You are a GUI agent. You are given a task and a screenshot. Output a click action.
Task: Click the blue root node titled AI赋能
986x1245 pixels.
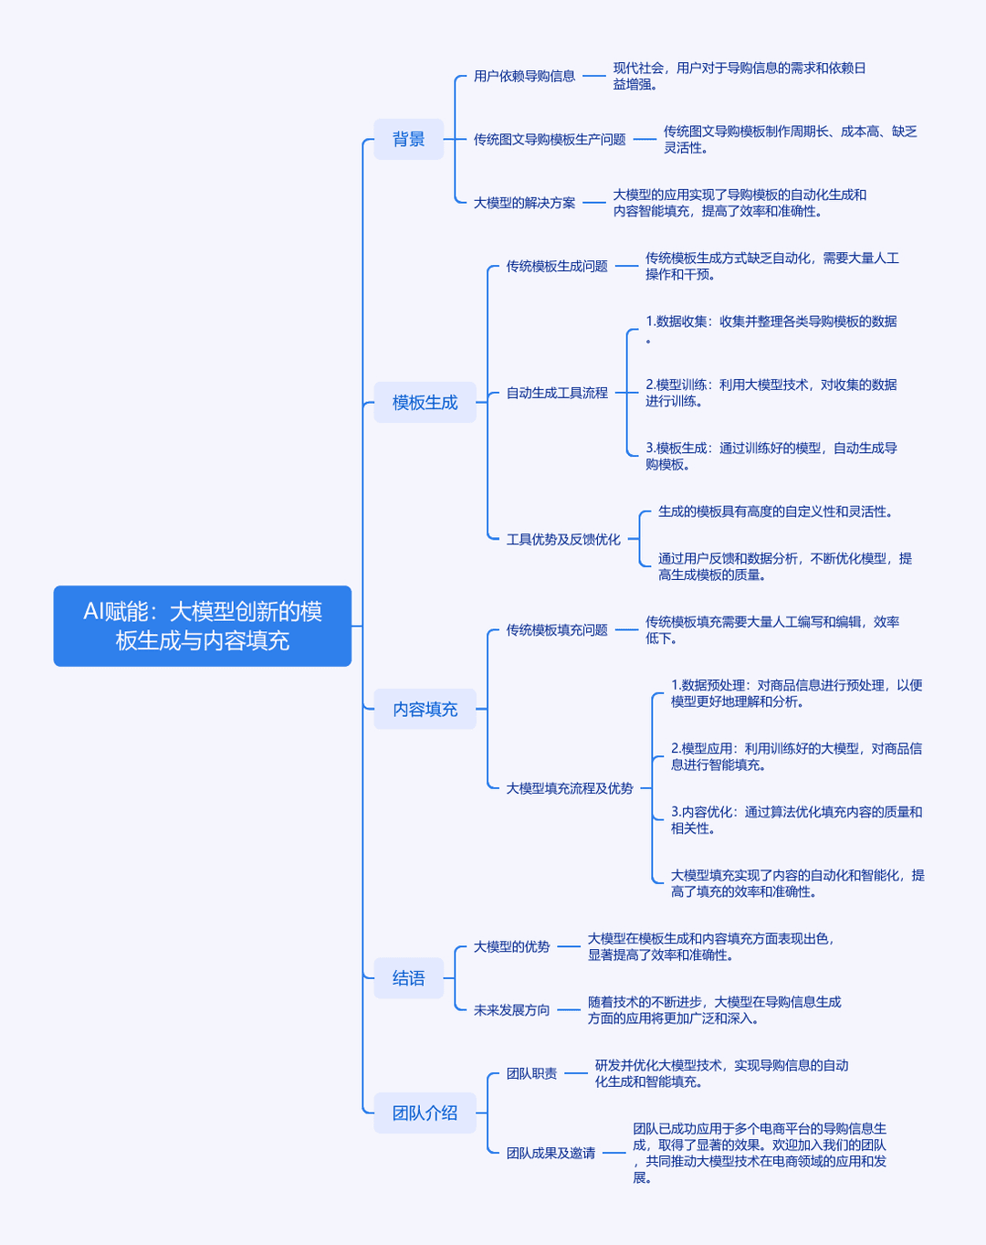point(203,626)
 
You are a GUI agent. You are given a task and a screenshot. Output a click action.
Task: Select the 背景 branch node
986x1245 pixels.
point(408,139)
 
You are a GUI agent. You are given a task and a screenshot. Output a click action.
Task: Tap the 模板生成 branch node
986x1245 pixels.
point(425,402)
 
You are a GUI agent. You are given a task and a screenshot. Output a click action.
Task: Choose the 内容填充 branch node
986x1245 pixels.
point(425,709)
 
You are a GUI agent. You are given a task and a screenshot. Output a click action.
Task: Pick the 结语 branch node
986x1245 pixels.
point(408,977)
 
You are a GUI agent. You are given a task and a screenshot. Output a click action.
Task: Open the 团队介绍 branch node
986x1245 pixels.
point(425,1113)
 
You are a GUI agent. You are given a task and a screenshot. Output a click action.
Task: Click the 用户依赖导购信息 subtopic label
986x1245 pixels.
point(525,76)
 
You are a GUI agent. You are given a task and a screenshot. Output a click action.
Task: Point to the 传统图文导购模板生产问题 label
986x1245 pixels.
point(550,140)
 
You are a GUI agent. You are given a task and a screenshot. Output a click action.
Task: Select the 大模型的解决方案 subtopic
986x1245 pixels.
point(525,203)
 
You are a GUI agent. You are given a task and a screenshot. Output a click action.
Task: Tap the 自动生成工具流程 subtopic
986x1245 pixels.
point(557,393)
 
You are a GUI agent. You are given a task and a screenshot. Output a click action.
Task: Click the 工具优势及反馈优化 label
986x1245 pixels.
point(563,539)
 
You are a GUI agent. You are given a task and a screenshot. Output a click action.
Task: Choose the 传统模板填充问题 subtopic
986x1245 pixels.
point(557,629)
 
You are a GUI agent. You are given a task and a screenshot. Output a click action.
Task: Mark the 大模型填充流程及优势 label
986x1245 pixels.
point(570,788)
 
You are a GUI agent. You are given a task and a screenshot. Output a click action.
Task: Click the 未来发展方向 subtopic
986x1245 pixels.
point(511,1009)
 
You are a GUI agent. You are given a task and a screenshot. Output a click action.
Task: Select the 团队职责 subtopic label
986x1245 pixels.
point(531,1073)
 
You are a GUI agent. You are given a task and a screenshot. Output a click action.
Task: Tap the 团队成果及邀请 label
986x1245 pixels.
point(551,1153)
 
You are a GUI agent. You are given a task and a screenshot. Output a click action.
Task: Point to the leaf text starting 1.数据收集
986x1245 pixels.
point(771,329)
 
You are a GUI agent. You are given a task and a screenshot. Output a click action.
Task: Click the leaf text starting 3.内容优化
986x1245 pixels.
point(796,819)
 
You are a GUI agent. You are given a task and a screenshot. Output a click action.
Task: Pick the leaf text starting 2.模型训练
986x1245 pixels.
point(771,392)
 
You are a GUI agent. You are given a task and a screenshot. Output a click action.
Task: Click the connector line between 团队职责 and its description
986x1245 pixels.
point(576,1073)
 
